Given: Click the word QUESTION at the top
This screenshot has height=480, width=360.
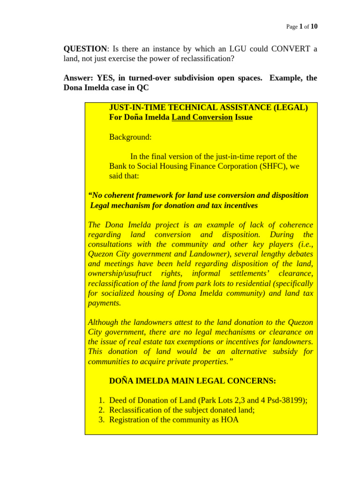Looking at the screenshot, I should click(x=85, y=49).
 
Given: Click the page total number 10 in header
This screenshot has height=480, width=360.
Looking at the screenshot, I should click(x=314, y=27).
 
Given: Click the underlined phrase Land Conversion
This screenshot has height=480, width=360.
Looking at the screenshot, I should click(x=202, y=117).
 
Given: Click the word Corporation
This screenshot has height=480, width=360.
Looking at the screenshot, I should click(x=237, y=166).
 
